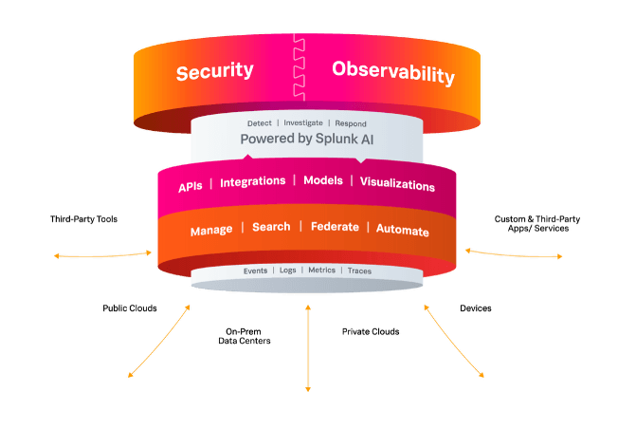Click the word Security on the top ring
[214, 71]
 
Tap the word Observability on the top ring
[392, 72]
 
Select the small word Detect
[259, 123]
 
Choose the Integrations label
[252, 181]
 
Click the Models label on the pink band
[322, 181]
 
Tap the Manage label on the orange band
[210, 231]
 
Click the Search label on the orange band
[271, 228]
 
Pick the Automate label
[402, 231]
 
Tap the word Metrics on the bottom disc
[321, 271]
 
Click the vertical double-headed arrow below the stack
[307, 345]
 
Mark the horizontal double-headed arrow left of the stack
[103, 254]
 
